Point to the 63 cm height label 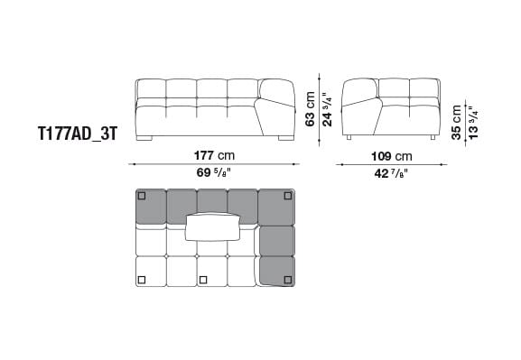(x=310, y=108)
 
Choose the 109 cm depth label (x=391, y=154)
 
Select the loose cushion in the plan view (x=213, y=226)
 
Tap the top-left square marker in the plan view (x=142, y=196)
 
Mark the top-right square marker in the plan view (x=288, y=196)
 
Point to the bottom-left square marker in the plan (x=142, y=277)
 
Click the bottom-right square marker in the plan (x=288, y=277)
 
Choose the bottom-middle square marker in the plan (x=203, y=278)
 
